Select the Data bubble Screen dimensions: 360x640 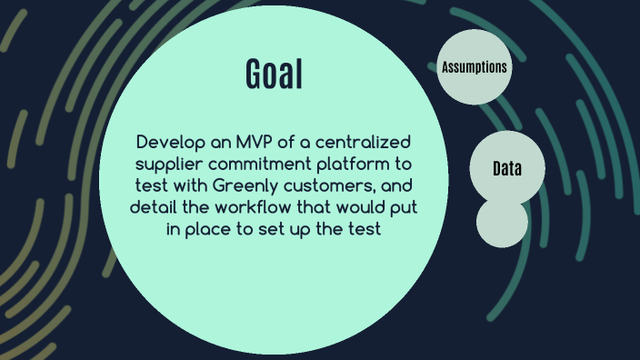pos(506,170)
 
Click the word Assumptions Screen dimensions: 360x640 pos(474,67)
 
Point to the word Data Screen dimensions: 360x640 pos(506,170)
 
